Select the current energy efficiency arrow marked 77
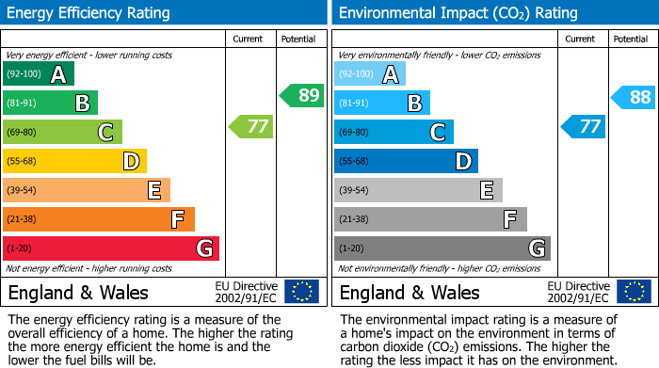251,126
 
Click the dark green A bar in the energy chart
39,74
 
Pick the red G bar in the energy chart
111,248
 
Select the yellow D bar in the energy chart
75,162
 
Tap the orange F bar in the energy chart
99,219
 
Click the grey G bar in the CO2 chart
442,248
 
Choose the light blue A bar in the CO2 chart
370,74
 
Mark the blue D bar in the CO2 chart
406,162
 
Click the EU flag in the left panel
301,291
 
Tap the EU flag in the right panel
633,291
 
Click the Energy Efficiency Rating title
89,13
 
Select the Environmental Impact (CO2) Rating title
458,13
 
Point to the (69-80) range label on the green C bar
24,133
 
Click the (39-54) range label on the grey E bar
355,191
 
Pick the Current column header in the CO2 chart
581,39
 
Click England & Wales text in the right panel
410,293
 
